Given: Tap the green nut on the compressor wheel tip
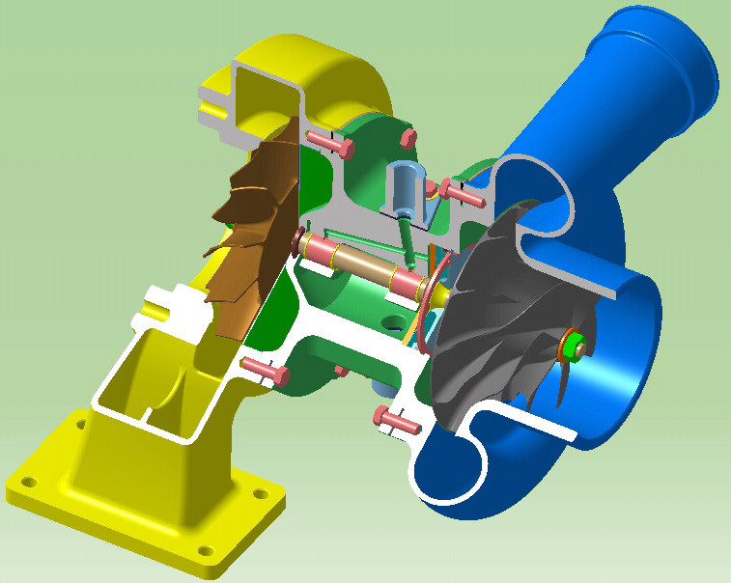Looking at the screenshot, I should pos(572,347).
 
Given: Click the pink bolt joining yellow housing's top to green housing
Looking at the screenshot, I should pos(333,144).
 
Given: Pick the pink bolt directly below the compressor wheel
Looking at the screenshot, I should pos(396,419).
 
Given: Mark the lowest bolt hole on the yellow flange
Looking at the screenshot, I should pos(205,551).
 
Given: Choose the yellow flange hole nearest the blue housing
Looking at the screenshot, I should pos(260,493).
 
